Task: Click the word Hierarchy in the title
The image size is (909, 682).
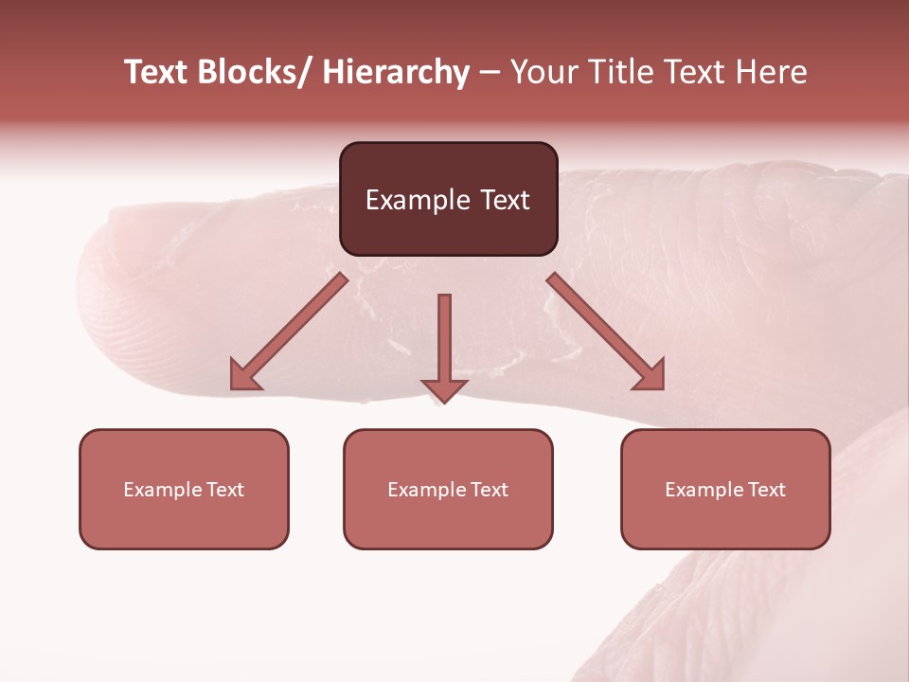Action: point(396,72)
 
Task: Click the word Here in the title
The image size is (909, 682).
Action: point(772,72)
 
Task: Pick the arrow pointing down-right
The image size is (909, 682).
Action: point(606,332)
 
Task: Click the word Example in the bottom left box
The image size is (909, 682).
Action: point(164,490)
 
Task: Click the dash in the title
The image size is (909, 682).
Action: point(490,72)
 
